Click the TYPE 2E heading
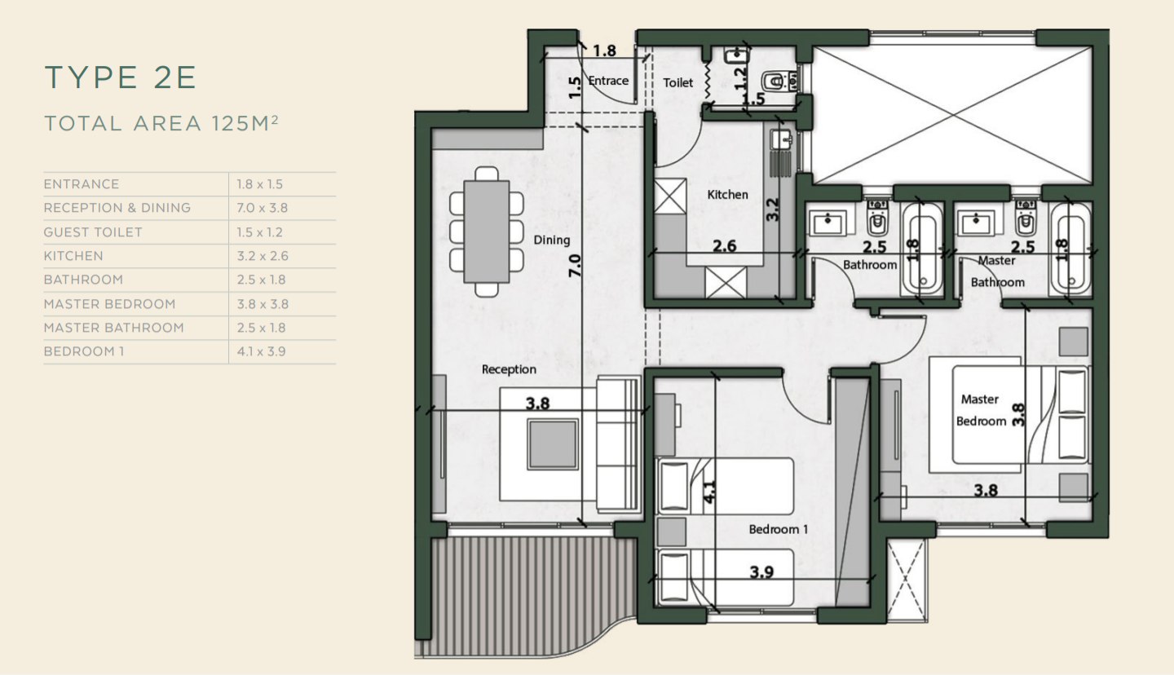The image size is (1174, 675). pyautogui.click(x=121, y=77)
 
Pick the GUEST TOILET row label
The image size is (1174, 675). pyautogui.click(x=93, y=232)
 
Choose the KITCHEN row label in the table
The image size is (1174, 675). pyautogui.click(x=73, y=256)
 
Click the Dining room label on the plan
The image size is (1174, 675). pyautogui.click(x=552, y=240)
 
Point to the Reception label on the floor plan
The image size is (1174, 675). pyautogui.click(x=509, y=369)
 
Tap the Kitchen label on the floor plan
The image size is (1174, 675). pyautogui.click(x=727, y=194)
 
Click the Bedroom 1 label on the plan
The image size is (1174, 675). pyautogui.click(x=779, y=529)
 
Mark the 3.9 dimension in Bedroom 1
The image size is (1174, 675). pyautogui.click(x=761, y=571)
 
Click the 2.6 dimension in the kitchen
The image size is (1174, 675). pyautogui.click(x=724, y=245)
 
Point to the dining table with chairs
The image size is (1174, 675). pyautogui.click(x=486, y=231)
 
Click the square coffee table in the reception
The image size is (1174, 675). pyautogui.click(x=552, y=444)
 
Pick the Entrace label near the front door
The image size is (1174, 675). pyautogui.click(x=608, y=81)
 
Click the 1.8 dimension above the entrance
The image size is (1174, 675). pyautogui.click(x=604, y=51)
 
